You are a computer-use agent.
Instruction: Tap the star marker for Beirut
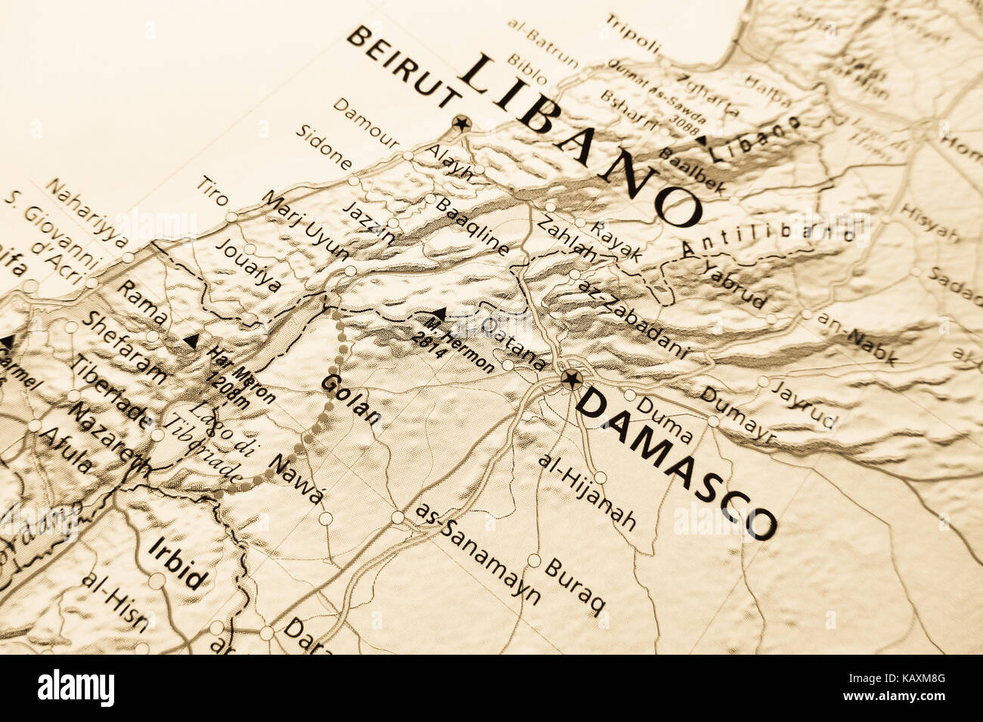click(460, 122)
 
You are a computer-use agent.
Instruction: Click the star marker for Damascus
click(571, 379)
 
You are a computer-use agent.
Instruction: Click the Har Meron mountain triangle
click(191, 341)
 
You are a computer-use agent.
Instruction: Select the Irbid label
click(178, 563)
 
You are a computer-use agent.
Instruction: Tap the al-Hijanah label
click(587, 492)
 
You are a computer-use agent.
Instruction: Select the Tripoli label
click(632, 34)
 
